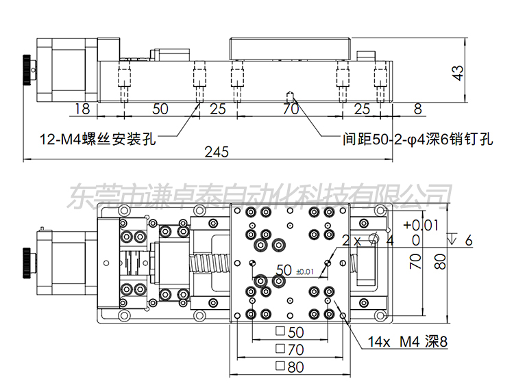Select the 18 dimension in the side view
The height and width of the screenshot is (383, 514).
pyautogui.click(x=81, y=109)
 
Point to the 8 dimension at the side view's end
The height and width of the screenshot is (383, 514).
pyautogui.click(x=417, y=109)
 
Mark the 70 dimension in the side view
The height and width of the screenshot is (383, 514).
pyautogui.click(x=291, y=109)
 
